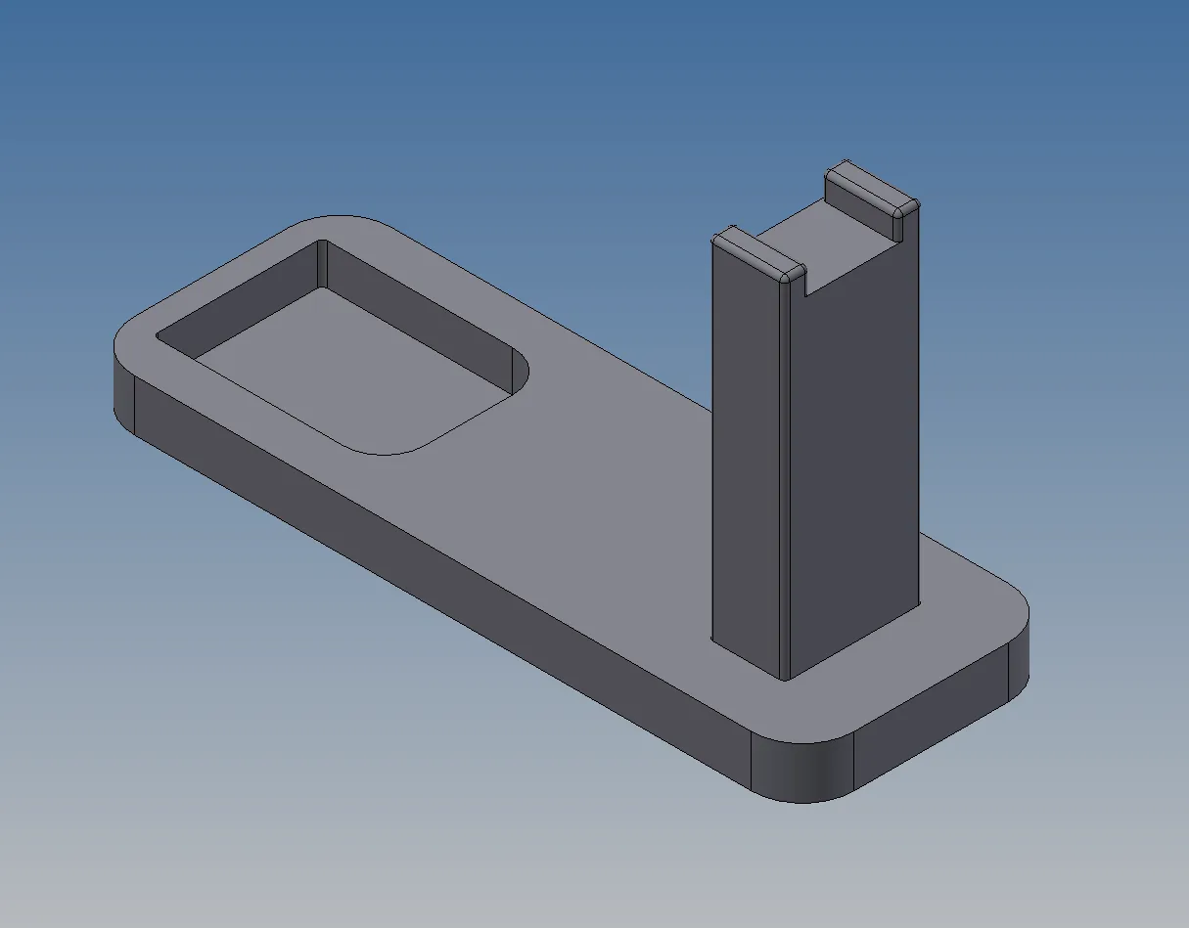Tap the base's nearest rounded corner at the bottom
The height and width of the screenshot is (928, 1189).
[802, 773]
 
